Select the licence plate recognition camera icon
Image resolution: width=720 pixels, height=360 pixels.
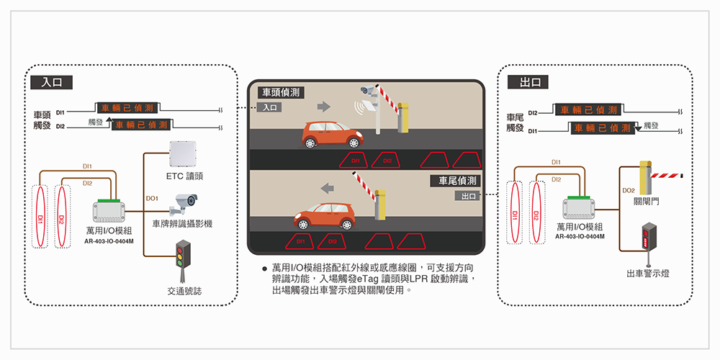pyautogui.click(x=183, y=204)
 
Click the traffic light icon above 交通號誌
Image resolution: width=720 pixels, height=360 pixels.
pyautogui.click(x=183, y=262)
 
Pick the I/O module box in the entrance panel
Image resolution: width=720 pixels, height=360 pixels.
pyautogui.click(x=109, y=211)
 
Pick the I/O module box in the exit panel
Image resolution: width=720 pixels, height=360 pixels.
pyautogui.click(x=580, y=208)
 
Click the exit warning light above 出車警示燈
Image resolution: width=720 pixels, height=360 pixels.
pyautogui.click(x=649, y=244)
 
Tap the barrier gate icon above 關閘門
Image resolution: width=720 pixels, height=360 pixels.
pyautogui.click(x=661, y=177)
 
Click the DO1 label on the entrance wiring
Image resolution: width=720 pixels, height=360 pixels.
pyautogui.click(x=152, y=199)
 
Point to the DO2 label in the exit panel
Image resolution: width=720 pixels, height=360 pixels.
pyautogui.click(x=629, y=190)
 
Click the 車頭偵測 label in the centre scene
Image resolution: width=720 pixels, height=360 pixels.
pyautogui.click(x=281, y=93)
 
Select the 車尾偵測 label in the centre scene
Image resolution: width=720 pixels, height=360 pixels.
pyautogui.click(x=456, y=181)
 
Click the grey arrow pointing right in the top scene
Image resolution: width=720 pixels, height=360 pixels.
pyautogui.click(x=324, y=107)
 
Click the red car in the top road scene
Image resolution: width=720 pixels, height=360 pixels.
pyautogui.click(x=333, y=135)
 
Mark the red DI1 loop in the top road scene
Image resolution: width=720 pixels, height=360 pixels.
pyautogui.click(x=355, y=161)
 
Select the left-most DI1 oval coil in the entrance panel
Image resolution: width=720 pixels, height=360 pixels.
pyautogui.click(x=40, y=216)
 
